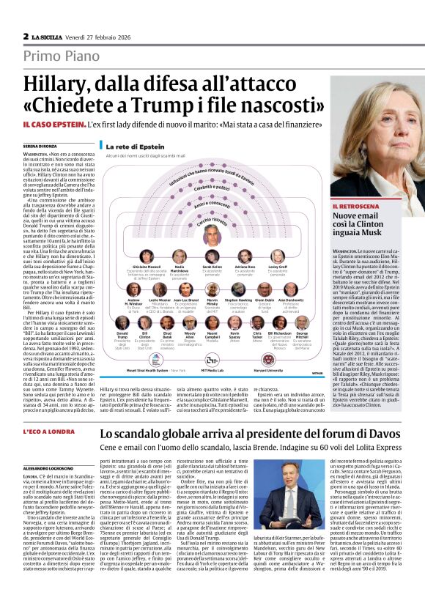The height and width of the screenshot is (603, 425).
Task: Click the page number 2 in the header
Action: tap(26, 34)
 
